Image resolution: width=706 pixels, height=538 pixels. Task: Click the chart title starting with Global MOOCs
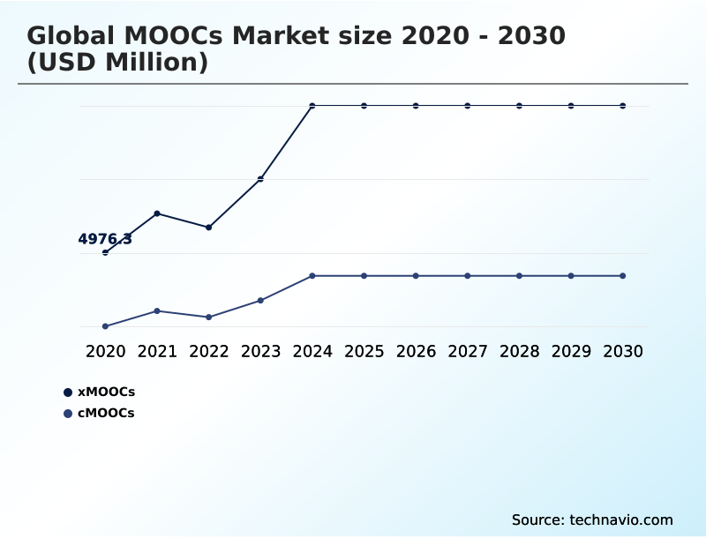point(296,36)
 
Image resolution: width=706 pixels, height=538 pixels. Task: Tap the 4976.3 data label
point(105,239)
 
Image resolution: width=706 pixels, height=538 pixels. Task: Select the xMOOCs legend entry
point(99,392)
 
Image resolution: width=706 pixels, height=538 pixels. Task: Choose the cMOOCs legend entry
point(99,413)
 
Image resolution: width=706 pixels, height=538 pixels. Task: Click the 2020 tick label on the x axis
point(105,351)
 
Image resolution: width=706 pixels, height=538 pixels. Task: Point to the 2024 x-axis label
point(312,351)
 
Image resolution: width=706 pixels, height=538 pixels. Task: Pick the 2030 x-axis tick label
point(622,351)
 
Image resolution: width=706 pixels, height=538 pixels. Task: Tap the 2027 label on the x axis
point(468,351)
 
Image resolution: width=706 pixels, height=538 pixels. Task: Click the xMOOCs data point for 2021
point(157,213)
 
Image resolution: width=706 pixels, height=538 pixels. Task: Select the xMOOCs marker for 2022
point(209,228)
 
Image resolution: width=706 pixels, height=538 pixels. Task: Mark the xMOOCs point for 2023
point(260,179)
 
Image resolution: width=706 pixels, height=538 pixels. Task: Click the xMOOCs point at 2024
point(312,106)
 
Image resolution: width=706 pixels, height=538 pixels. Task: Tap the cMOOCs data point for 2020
point(105,326)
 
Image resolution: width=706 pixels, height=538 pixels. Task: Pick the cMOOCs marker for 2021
point(157,310)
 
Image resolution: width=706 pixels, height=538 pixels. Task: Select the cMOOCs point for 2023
point(260,301)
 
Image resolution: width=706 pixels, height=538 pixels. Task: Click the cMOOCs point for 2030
point(622,276)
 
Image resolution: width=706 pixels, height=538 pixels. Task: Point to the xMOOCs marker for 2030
point(622,106)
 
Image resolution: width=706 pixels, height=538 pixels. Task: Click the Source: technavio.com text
point(592,519)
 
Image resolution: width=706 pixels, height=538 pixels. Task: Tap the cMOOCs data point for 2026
point(416,276)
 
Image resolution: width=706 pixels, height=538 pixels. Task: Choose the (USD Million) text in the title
point(117,63)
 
